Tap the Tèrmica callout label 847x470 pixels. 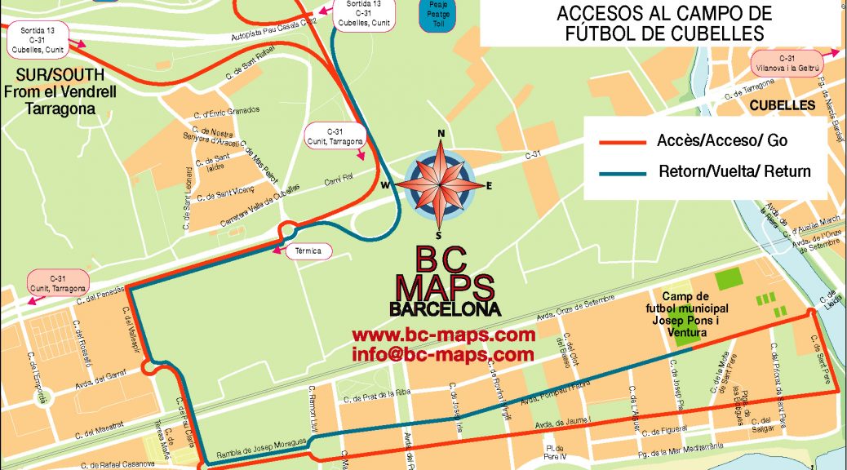309,251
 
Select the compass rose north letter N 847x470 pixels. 441,135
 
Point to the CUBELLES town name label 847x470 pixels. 782,106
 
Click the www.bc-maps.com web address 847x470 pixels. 443,335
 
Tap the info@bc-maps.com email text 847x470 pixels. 443,355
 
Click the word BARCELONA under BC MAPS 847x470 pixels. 444,310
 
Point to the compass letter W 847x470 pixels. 384,184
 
